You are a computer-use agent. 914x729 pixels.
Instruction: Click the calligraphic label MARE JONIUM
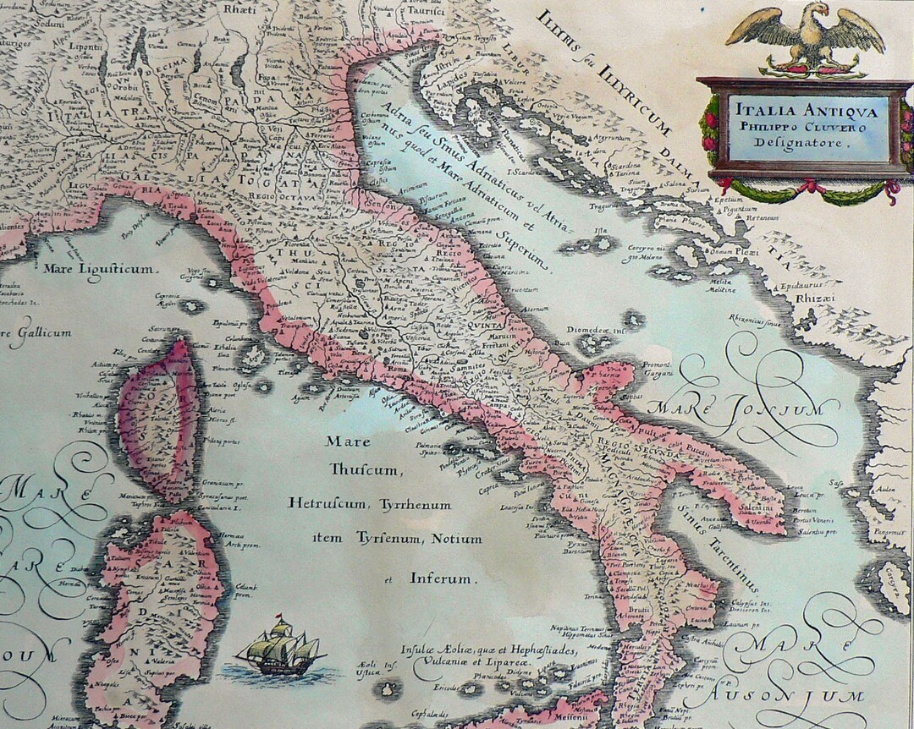coord(743,408)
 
